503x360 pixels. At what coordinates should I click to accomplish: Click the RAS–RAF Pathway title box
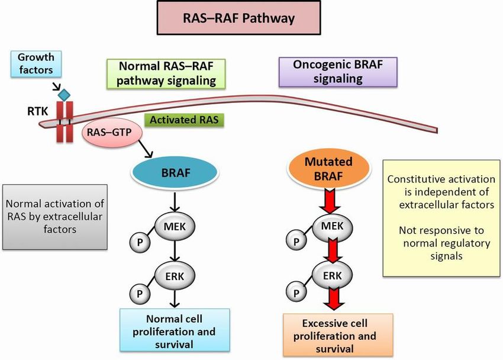238,18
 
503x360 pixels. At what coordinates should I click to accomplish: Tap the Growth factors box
36,63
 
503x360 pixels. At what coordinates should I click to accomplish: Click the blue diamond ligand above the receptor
63,95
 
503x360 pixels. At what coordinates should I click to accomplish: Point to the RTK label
37,111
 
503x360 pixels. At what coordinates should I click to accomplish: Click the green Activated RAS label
184,120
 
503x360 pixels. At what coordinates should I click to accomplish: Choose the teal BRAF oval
175,173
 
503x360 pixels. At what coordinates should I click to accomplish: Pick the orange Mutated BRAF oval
328,168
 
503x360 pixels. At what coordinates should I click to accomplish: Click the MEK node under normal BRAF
175,227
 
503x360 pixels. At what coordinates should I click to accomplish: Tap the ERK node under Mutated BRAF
333,275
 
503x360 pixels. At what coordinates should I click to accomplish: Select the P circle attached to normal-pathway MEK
140,242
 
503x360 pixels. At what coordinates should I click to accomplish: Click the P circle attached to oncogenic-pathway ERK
296,292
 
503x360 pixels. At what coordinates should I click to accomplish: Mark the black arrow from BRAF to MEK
175,202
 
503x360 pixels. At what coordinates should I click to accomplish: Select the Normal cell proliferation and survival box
175,330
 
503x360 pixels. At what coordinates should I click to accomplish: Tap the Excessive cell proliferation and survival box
337,335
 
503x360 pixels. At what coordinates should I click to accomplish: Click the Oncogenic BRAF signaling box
338,72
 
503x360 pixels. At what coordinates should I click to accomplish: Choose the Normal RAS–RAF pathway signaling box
166,73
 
